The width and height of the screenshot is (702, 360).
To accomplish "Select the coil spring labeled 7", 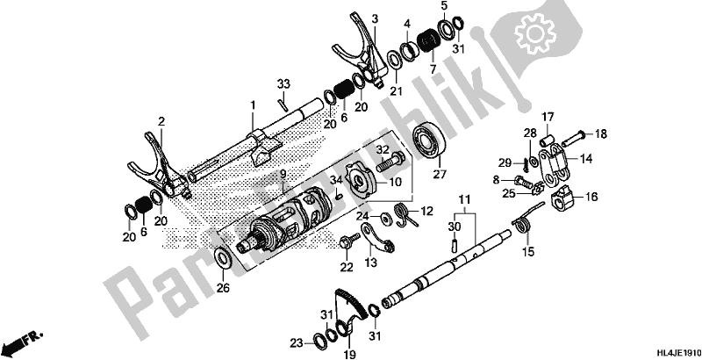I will pos(430,40).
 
